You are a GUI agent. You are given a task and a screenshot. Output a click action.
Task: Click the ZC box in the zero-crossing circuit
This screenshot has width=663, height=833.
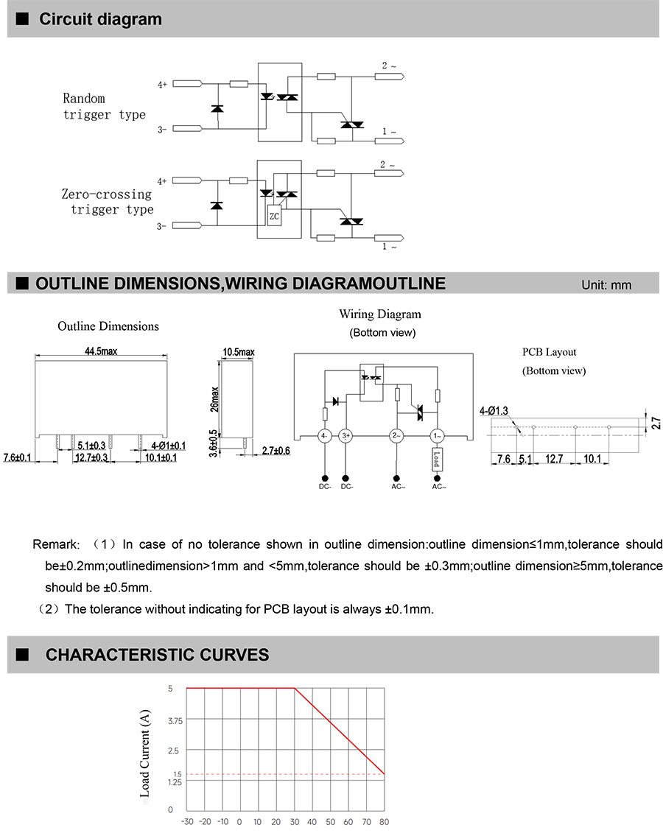274,217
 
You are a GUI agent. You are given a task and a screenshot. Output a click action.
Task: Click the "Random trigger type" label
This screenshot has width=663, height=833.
104,106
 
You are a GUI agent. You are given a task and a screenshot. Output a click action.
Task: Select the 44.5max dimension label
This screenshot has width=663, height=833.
100,352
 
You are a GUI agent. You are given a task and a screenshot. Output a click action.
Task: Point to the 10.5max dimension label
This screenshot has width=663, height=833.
238,352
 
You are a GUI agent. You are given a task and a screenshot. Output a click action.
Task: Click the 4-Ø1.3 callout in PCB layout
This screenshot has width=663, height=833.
493,411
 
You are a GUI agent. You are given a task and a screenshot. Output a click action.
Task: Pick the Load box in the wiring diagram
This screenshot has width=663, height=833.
436,460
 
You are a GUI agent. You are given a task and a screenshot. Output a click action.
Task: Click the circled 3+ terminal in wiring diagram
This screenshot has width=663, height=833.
347,436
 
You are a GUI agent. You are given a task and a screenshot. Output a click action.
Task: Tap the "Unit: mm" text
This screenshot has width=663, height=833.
606,285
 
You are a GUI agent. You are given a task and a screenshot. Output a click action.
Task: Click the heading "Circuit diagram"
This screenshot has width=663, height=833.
100,19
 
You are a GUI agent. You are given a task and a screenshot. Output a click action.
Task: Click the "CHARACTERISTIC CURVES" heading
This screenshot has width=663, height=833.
157,655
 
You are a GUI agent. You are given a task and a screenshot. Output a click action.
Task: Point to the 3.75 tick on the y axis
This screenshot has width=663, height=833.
175,720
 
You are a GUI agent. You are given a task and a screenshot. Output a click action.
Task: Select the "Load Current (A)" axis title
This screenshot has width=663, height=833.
145,754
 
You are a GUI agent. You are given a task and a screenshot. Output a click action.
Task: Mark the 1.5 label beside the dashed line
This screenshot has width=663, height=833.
177,774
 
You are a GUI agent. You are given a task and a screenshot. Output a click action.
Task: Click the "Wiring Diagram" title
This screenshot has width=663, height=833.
380,314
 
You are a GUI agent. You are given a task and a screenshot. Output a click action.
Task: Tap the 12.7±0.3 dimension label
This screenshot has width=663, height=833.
91,457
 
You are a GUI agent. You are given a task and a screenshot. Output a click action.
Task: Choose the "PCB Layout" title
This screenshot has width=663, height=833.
550,352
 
